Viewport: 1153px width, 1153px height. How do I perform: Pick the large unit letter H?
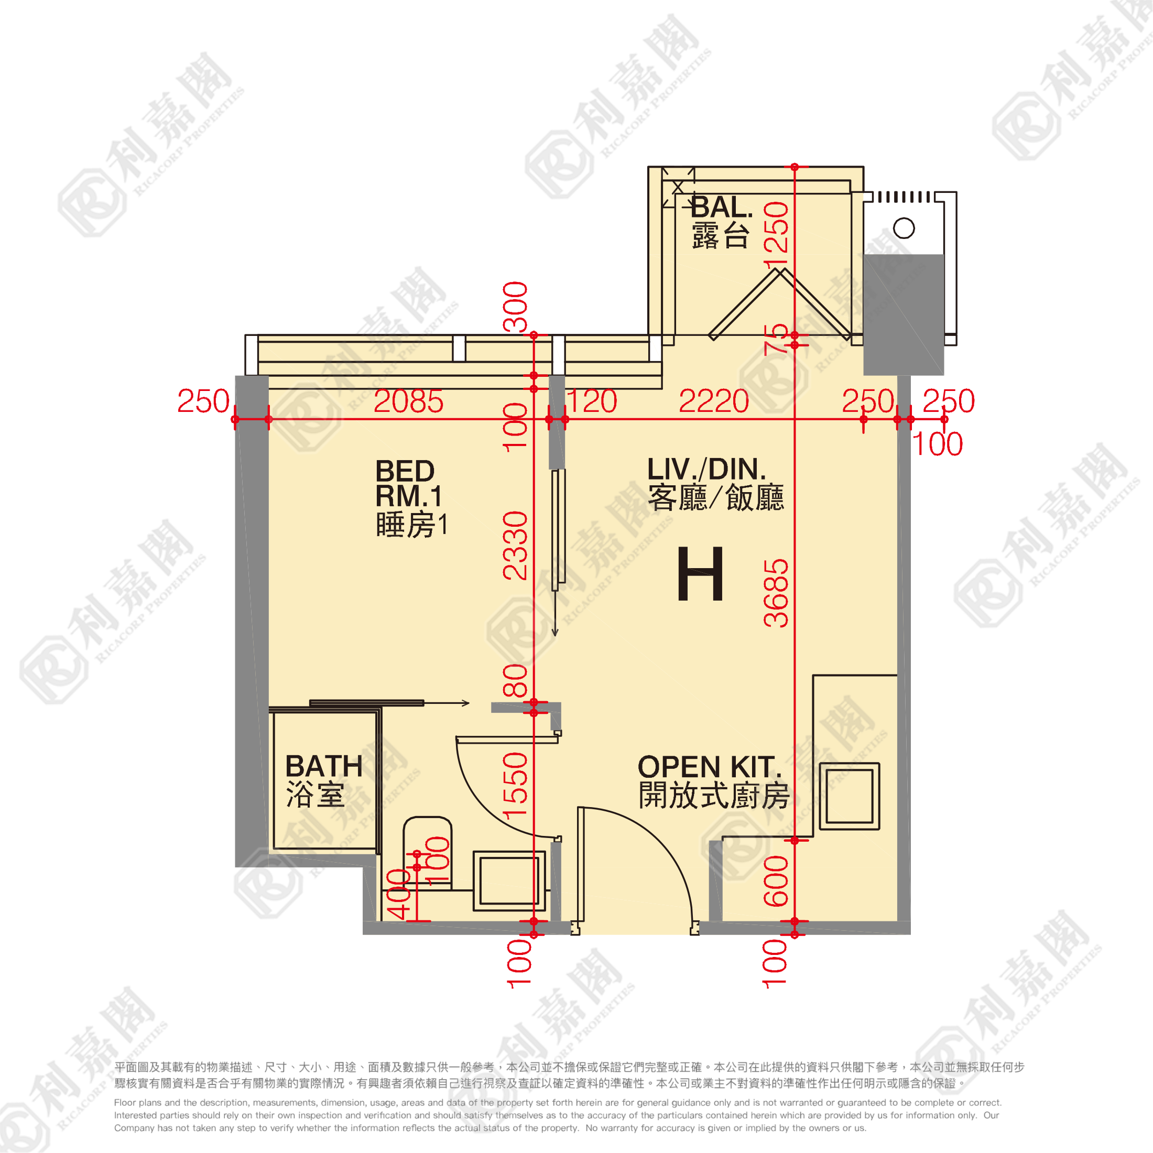click(x=701, y=573)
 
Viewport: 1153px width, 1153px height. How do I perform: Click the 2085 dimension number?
click(x=409, y=401)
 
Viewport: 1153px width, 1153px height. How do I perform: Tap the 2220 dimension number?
click(x=714, y=401)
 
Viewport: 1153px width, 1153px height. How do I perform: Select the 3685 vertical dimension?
click(x=776, y=593)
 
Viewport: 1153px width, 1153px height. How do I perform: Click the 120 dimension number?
click(x=591, y=401)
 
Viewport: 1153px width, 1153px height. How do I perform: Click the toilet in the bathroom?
click(x=427, y=853)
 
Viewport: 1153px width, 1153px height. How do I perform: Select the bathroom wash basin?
click(x=509, y=881)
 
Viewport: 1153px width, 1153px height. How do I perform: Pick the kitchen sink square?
click(x=849, y=796)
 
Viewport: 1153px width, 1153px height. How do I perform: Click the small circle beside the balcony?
click(x=904, y=228)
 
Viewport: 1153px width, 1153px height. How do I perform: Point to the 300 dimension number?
click(x=516, y=307)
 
